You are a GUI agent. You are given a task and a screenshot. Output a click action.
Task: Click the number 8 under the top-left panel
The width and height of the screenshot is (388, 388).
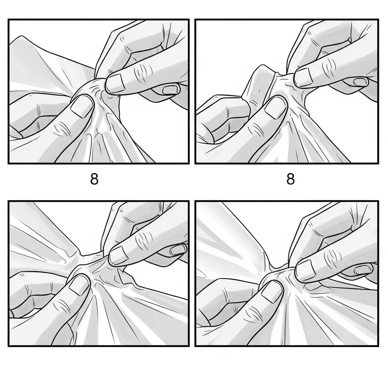click(94, 179)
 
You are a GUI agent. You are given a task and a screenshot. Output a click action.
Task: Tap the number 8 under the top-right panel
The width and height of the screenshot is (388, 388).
click(291, 179)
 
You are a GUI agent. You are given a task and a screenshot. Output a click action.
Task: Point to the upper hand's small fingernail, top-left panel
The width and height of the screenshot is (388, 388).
click(170, 89)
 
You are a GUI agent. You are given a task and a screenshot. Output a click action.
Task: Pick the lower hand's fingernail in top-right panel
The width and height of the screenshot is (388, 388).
click(275, 106)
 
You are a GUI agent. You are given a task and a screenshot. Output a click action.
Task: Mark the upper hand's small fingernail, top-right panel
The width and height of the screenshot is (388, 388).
click(361, 82)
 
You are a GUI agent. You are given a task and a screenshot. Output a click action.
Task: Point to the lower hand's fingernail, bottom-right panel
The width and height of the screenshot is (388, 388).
click(272, 292)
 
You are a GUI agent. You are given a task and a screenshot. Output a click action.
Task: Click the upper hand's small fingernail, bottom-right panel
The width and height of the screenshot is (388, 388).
click(363, 269)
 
